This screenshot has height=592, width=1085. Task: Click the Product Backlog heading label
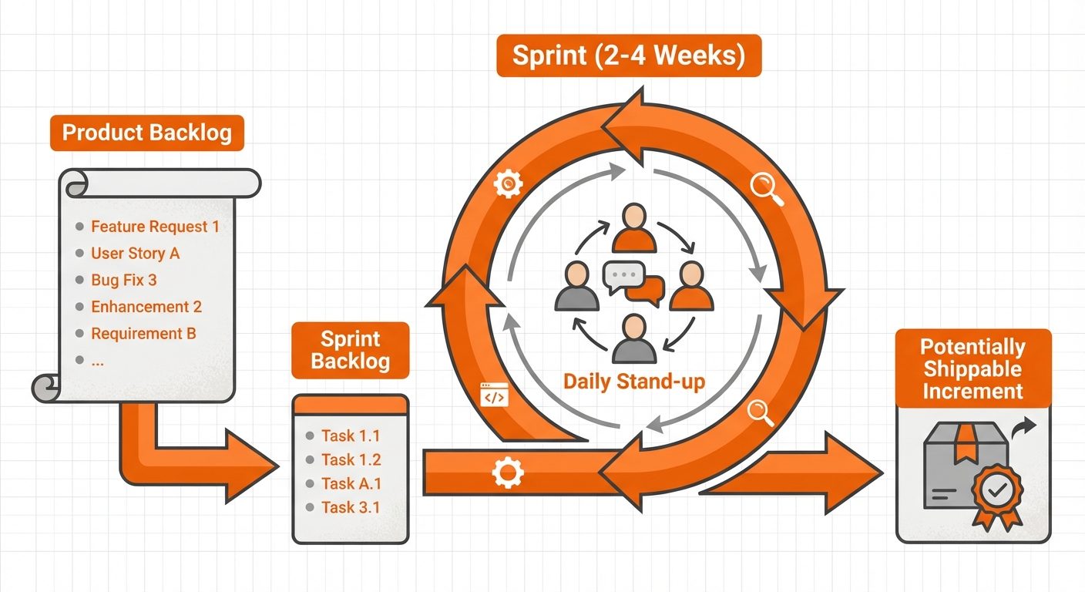pos(146,133)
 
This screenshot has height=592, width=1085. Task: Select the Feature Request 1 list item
pos(154,227)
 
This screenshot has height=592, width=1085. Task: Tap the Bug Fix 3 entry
pos(123,280)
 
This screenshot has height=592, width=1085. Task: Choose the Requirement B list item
pos(143,333)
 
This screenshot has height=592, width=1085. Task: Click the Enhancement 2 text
pos(146,307)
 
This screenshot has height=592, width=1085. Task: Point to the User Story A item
pos(135,253)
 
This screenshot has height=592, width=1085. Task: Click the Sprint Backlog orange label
pos(351,350)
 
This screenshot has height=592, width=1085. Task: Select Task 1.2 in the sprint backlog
pos(351,459)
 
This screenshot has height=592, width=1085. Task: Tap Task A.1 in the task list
pos(351,483)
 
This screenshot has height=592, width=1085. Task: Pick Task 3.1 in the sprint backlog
pos(351,507)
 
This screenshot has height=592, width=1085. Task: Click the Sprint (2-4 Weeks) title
pos(629,58)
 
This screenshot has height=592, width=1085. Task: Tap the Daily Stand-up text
pos(633,382)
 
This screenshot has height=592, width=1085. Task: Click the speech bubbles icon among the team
pos(633,281)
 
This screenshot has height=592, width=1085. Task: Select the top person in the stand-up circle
pos(633,227)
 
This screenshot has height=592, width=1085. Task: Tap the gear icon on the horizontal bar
pos(507,472)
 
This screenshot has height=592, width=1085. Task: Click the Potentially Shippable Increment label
pos(972,368)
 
